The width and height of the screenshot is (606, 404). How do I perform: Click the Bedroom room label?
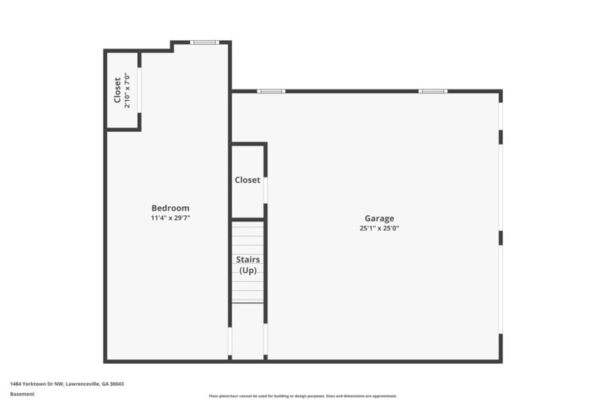170,208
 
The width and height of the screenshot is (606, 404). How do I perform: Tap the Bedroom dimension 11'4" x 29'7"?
170,218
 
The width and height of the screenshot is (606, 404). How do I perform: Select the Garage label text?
379,218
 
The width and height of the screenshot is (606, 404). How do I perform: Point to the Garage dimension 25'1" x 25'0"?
379,228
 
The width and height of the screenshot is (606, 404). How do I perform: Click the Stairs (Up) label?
249,265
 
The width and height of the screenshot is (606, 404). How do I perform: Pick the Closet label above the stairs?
248,180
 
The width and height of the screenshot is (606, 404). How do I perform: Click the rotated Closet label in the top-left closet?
117,90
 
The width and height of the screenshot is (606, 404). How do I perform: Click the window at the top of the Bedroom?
205,42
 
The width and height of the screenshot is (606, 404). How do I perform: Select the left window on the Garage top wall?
271,91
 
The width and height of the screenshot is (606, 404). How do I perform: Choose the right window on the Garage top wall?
433,91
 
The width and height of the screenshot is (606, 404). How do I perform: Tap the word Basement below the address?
23,394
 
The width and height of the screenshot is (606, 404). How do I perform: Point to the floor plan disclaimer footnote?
303,396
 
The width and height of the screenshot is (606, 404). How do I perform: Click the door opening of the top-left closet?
139,91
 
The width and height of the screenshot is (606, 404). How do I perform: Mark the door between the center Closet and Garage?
265,189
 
